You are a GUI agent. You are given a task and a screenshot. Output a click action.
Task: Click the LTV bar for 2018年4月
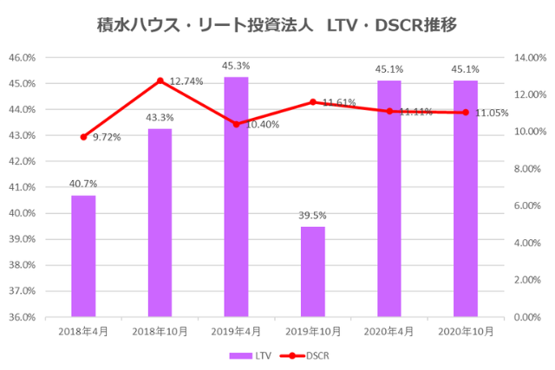click(x=83, y=256)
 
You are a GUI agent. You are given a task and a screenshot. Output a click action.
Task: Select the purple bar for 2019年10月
click(x=313, y=271)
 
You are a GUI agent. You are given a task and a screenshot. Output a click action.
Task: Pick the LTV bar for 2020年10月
click(x=466, y=198)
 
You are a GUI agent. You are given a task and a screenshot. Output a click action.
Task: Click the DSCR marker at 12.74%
click(x=160, y=81)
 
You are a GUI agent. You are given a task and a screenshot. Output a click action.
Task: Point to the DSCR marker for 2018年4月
click(x=84, y=137)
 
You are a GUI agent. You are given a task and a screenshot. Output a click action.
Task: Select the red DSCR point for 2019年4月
click(x=237, y=124)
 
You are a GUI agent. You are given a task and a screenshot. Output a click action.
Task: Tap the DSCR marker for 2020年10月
click(x=466, y=113)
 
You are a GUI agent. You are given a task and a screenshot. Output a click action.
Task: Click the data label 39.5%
click(x=313, y=215)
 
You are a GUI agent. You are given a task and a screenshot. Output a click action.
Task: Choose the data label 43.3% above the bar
click(x=160, y=117)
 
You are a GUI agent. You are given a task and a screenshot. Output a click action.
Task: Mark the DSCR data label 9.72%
click(x=107, y=137)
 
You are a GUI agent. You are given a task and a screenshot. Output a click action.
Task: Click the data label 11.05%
click(x=491, y=113)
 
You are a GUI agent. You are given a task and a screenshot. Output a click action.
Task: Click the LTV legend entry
click(x=251, y=355)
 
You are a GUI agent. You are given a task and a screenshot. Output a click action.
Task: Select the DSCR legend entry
click(x=308, y=355)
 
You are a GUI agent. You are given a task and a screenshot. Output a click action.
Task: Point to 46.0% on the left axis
click(x=23, y=58)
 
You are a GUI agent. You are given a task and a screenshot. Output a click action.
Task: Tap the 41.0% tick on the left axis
click(x=23, y=187)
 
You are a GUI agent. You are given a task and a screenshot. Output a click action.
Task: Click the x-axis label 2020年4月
click(x=389, y=331)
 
